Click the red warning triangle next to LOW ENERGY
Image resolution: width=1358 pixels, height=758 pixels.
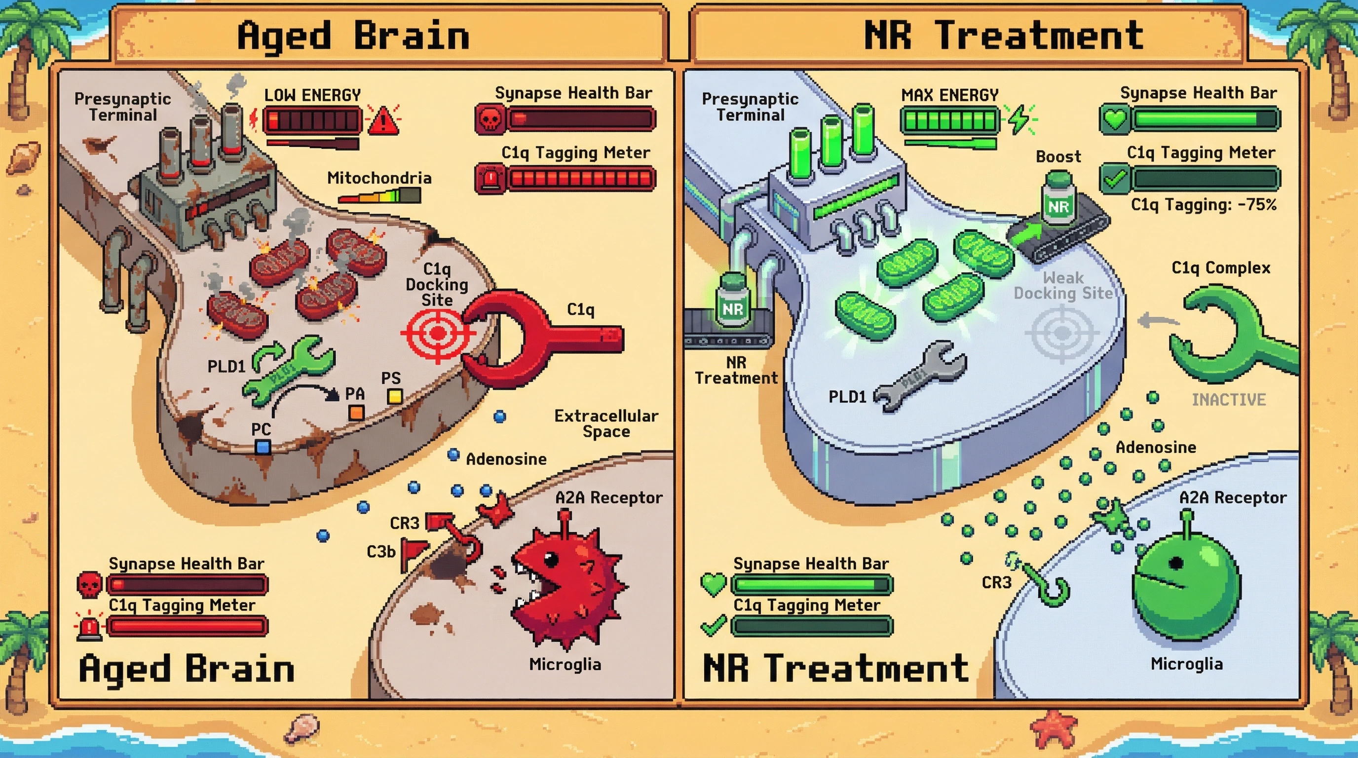click(x=383, y=121)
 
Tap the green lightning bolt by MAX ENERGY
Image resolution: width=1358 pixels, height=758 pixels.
click(x=1019, y=118)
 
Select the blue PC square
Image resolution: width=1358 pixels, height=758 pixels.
click(x=263, y=448)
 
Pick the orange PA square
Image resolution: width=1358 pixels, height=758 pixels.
click(x=357, y=412)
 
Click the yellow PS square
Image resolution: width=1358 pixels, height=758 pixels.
click(x=394, y=396)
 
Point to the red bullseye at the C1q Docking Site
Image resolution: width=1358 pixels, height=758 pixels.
click(x=437, y=334)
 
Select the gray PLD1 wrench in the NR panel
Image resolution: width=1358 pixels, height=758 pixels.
click(x=920, y=376)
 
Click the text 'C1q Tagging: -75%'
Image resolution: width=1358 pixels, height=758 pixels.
click(x=1204, y=204)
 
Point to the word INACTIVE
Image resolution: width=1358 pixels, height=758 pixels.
click(x=1228, y=400)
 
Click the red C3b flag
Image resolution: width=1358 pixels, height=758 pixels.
click(x=414, y=551)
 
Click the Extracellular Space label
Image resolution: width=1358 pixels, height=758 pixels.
click(x=606, y=423)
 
